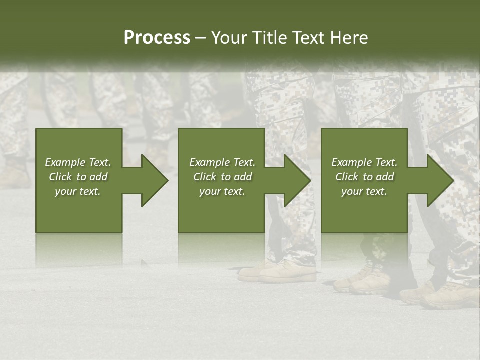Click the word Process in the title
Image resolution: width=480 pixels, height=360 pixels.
(157, 38)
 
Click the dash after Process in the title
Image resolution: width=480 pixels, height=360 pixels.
(200, 38)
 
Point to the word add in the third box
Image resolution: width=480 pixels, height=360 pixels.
(384, 177)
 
